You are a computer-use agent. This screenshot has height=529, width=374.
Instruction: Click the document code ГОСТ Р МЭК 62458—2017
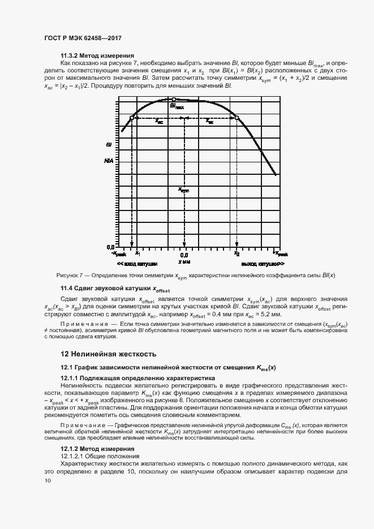point(83,38)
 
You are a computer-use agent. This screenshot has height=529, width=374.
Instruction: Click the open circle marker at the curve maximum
point(174,99)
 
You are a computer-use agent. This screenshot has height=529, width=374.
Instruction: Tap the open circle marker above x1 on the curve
point(132,118)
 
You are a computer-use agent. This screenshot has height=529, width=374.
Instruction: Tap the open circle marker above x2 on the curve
point(237,118)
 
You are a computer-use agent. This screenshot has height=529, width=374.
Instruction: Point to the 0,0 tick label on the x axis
point(184,255)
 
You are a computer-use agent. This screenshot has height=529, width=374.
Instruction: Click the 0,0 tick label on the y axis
point(110,247)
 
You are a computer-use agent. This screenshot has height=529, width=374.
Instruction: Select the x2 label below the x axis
point(237,255)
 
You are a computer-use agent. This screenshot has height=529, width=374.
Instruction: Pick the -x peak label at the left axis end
point(117,255)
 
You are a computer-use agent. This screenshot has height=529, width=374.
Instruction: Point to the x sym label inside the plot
point(183,190)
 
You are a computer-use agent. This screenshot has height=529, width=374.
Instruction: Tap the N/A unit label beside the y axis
point(109,161)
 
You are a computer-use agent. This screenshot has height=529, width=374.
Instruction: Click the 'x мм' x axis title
point(184,263)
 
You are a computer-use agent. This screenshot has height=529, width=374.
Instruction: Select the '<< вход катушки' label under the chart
point(137,264)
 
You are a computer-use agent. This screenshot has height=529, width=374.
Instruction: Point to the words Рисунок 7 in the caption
point(71,276)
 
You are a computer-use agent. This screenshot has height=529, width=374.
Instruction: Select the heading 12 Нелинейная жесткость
point(108,354)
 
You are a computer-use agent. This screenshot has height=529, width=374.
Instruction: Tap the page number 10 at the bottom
point(48,481)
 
